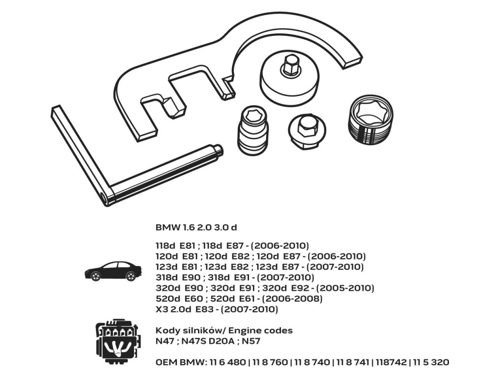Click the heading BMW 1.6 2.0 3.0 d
pyautogui.click(x=196, y=228)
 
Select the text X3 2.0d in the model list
pyautogui.click(x=173, y=310)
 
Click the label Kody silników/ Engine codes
pyautogui.click(x=224, y=330)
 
